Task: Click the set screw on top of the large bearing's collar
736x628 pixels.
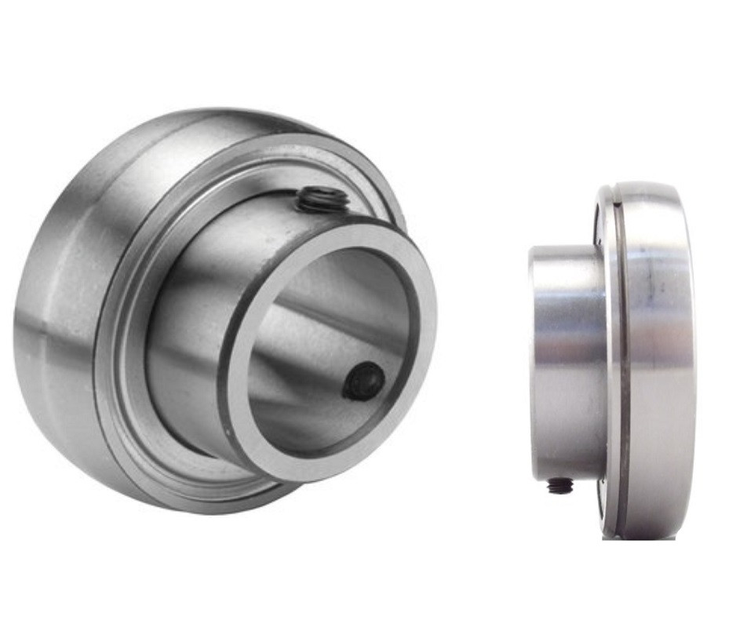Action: [322, 199]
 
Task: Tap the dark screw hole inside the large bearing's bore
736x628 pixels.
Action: [366, 382]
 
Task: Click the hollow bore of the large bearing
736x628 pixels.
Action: [330, 338]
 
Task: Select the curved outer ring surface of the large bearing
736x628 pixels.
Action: [63, 314]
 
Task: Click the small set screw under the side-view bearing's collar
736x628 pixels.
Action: [559, 487]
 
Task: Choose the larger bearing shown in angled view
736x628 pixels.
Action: [220, 314]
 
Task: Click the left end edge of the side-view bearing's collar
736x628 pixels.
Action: [534, 361]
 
